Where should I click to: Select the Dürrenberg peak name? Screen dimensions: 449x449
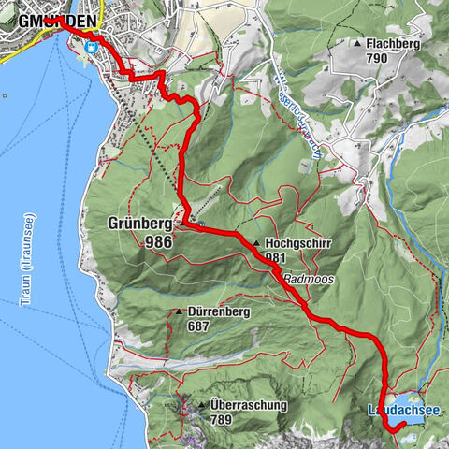219,312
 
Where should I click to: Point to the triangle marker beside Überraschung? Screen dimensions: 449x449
201,405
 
